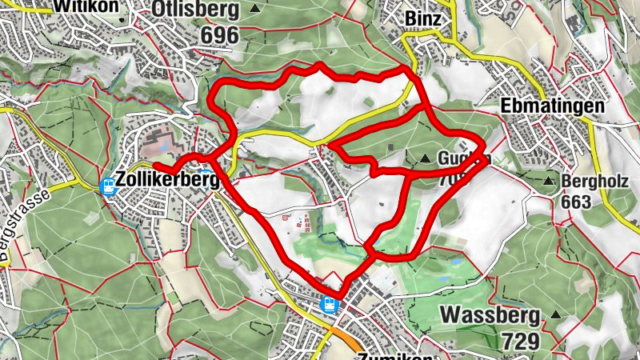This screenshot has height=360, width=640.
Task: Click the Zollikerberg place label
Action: click(x=167, y=182)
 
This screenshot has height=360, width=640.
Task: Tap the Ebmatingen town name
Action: click(x=553, y=106)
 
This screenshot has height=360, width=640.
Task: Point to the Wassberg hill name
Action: click(x=489, y=313)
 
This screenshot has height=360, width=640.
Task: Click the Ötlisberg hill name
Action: click(x=194, y=10)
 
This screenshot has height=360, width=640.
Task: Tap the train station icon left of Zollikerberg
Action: click(x=107, y=186)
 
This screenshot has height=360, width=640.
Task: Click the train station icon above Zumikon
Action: click(x=328, y=304)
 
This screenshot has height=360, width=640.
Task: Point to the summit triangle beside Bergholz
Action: click(x=549, y=182)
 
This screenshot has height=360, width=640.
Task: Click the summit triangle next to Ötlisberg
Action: click(x=254, y=9)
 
